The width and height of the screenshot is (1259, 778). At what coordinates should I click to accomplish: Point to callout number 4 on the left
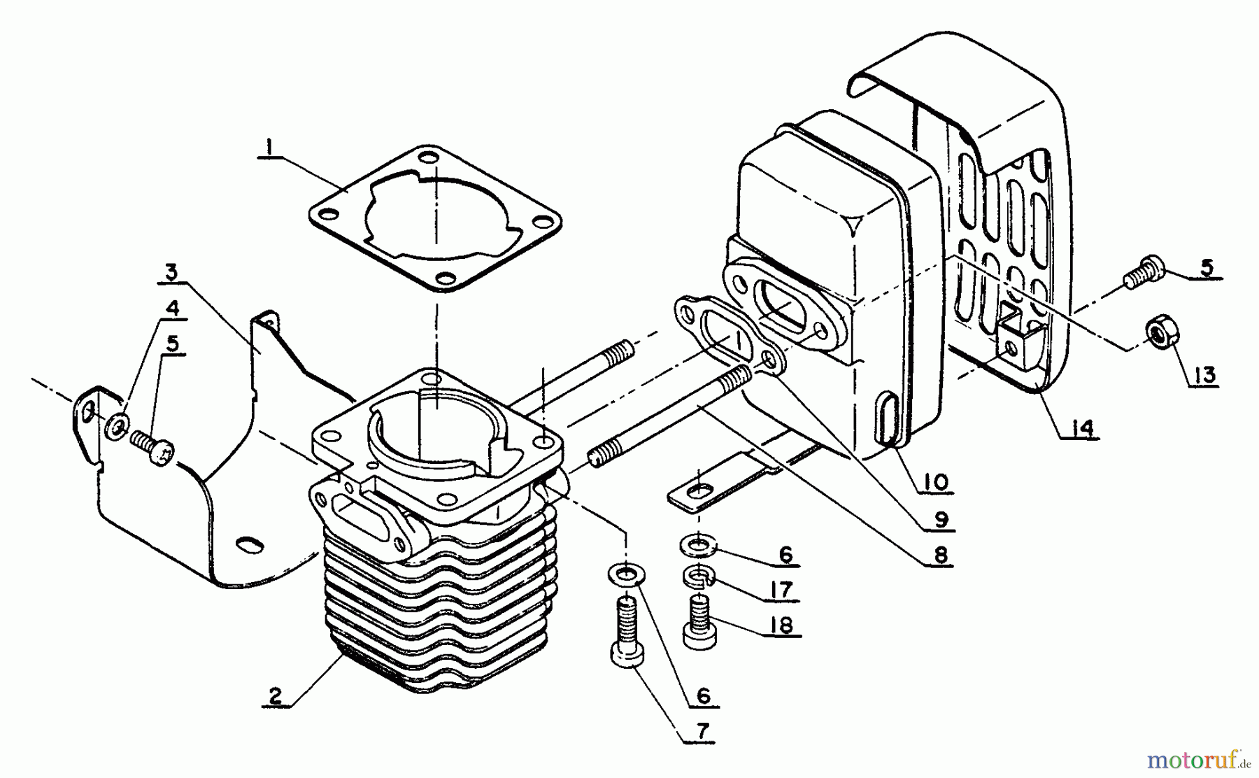pyautogui.click(x=173, y=308)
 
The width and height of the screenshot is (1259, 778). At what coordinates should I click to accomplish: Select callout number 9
pyautogui.click(x=941, y=519)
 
